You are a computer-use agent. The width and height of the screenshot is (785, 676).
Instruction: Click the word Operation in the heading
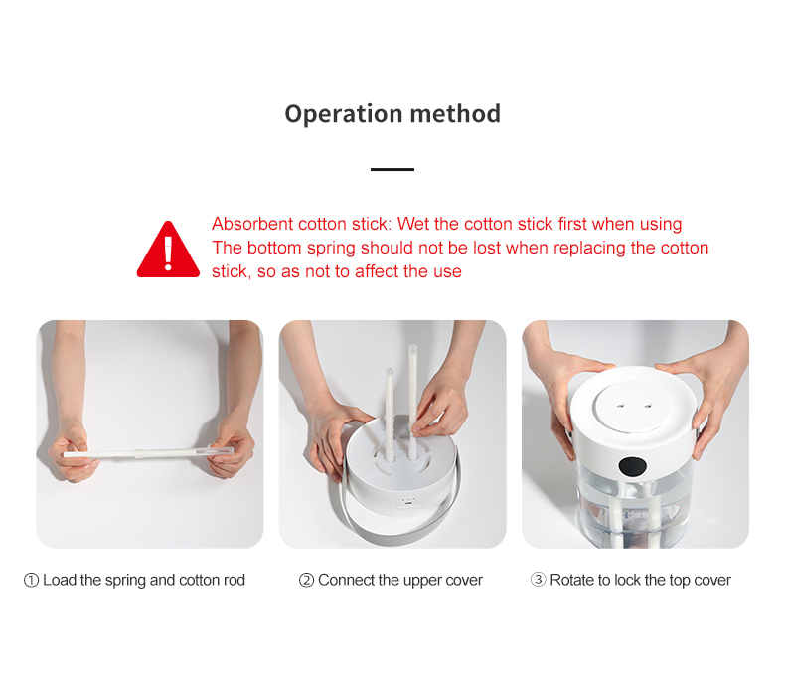click(344, 114)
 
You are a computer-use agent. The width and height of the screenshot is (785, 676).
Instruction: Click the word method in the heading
click(455, 113)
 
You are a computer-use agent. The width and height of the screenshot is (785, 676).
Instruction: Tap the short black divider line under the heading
click(392, 169)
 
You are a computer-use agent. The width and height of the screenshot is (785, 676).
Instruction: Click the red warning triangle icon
click(168, 250)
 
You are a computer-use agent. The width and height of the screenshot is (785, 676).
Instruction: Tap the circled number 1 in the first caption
click(31, 580)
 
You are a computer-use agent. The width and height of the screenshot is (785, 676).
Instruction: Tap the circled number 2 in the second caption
click(306, 580)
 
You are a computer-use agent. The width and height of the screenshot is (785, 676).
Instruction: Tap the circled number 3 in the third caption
click(538, 580)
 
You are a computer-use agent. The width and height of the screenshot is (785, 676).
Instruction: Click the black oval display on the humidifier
click(633, 467)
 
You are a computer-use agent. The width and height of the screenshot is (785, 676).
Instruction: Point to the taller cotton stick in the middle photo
click(412, 401)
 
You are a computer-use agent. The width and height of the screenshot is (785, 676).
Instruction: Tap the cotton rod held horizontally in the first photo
click(148, 452)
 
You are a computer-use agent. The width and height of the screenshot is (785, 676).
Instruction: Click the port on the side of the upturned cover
click(408, 502)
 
